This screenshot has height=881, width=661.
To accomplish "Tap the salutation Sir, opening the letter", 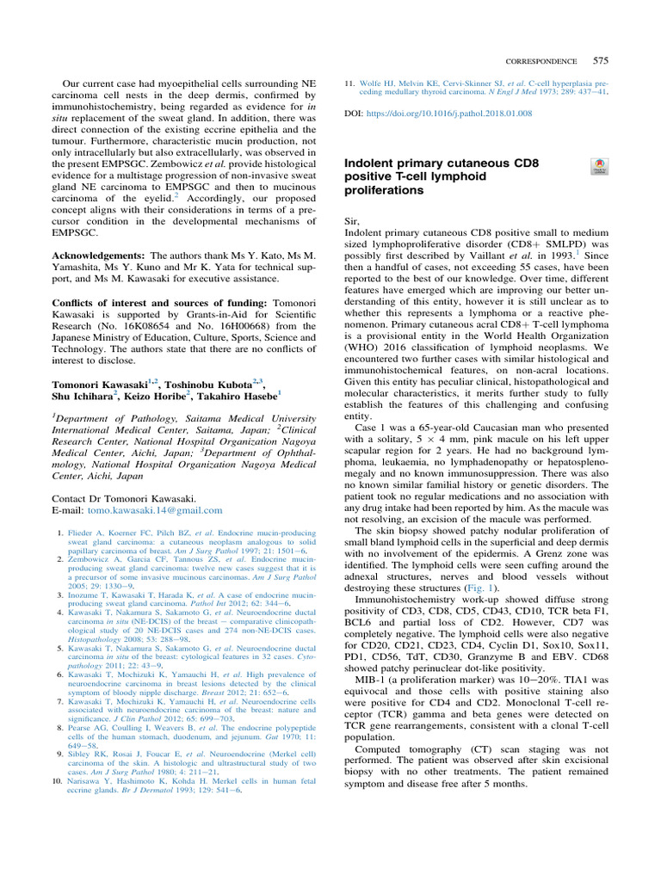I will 353,221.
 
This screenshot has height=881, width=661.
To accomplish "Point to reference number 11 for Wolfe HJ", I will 349,84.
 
